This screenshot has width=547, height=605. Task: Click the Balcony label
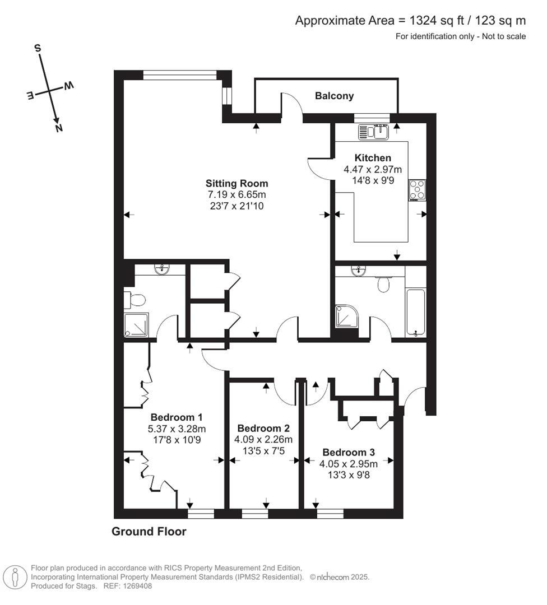click(334, 96)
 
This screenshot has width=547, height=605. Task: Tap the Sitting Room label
click(237, 183)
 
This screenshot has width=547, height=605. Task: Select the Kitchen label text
click(373, 158)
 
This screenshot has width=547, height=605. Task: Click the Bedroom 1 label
click(176, 417)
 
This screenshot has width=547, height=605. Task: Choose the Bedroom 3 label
click(349, 452)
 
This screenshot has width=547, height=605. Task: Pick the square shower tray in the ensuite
click(136, 325)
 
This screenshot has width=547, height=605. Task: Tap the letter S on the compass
click(39, 49)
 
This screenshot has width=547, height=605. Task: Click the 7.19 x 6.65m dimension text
click(237, 194)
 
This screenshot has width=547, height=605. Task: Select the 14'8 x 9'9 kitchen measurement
click(373, 180)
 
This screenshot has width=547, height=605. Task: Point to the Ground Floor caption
click(149, 532)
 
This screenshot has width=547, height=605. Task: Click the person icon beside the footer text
click(15, 576)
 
